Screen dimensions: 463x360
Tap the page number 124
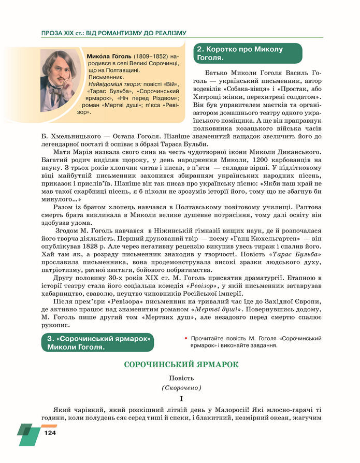[50, 433]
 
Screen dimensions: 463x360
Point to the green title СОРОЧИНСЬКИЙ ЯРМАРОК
[181, 365]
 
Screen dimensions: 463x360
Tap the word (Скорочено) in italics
[181, 388]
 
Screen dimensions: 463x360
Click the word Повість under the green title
[181, 379]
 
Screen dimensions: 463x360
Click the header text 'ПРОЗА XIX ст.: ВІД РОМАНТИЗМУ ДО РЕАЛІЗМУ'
[113, 33]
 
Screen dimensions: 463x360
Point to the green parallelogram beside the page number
[28, 434]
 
